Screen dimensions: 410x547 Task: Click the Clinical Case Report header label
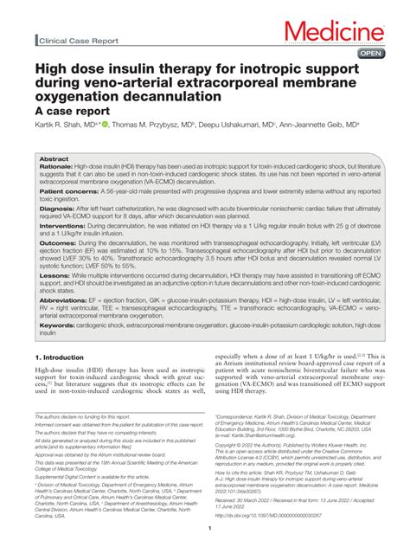(77, 40)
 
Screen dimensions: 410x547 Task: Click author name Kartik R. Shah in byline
(63, 125)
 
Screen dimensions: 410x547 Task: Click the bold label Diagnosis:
(57, 209)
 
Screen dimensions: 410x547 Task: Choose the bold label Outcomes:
(59, 245)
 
